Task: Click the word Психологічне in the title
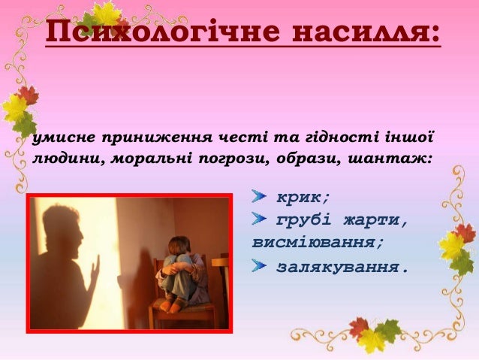pos(162,32)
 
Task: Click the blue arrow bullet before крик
pos(258,196)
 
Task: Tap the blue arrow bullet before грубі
pos(258,219)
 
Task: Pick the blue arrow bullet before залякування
pos(258,265)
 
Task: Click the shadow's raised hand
pos(95,268)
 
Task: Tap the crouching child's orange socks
pos(170,305)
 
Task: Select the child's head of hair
pos(179,245)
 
